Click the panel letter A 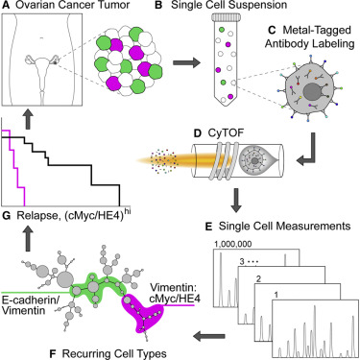coord(7,9)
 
